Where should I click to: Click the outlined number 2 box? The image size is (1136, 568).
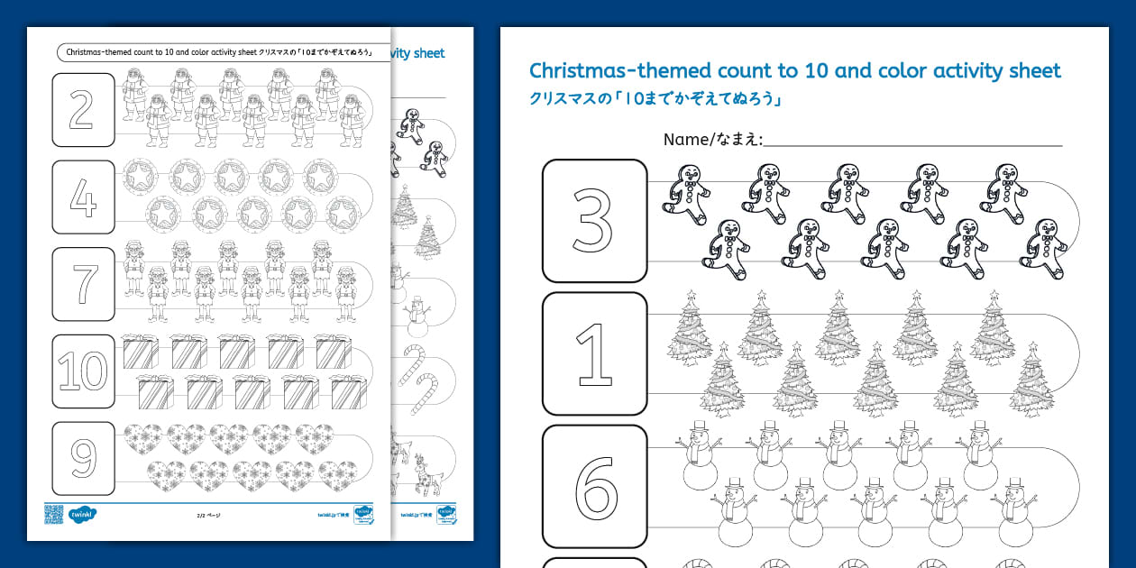tap(83, 109)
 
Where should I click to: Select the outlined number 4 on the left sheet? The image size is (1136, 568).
tap(83, 197)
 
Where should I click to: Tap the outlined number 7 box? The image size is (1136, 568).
tap(83, 283)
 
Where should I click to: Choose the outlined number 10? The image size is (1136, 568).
tap(83, 371)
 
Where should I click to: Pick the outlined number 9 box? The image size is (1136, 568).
tap(83, 458)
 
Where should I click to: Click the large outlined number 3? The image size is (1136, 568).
tap(593, 221)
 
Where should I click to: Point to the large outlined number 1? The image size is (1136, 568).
tap(593, 353)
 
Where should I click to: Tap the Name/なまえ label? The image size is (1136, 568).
tap(712, 140)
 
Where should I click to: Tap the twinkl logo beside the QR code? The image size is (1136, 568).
tap(82, 515)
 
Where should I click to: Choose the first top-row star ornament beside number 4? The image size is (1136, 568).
tap(141, 176)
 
